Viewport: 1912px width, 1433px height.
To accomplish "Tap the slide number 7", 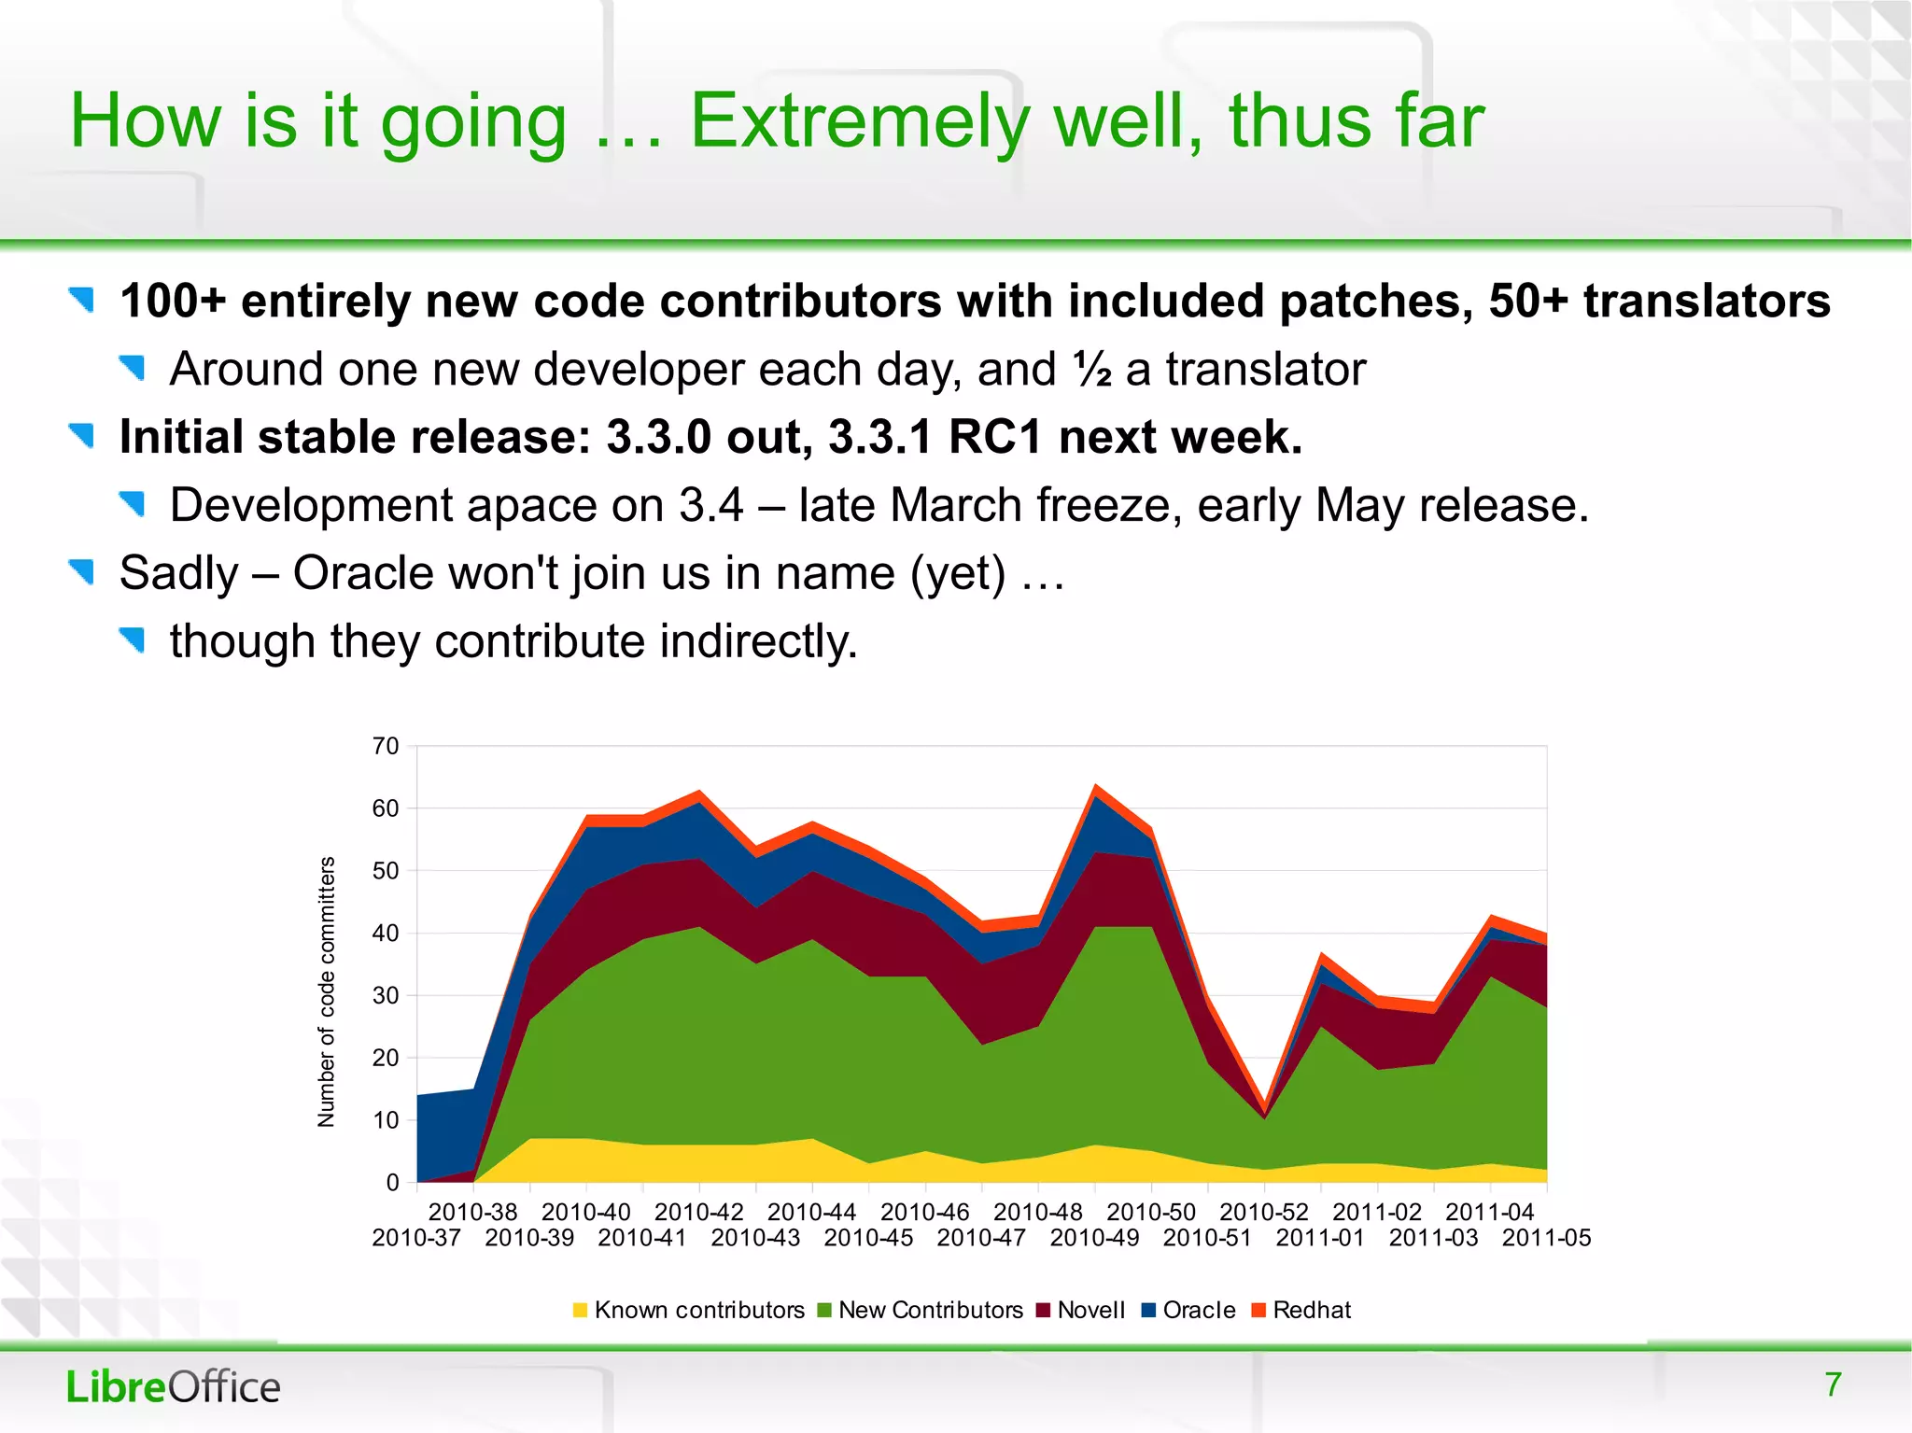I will pos(1833,1384).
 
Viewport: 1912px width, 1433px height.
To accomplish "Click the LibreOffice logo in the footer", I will pos(173,1387).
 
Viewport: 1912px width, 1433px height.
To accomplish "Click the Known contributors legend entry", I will pos(689,1310).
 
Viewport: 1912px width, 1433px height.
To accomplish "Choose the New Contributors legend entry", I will pos(920,1310).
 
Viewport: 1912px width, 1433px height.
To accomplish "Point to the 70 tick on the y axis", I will pos(385,746).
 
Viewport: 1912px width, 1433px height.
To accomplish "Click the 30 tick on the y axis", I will pos(385,995).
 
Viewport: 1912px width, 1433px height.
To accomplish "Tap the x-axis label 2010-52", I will pos(1264,1212).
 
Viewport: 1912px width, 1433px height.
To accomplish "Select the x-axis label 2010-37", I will pos(416,1238).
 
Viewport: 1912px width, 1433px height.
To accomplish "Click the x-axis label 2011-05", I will pos(1546,1238).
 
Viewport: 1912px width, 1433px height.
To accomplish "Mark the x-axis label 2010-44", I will pos(811,1212).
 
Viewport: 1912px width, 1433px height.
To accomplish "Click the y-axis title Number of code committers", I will pos(326,991).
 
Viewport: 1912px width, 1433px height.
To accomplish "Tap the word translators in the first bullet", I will pos(1707,302).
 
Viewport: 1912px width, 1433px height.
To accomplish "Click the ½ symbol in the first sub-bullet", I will pos(1091,370).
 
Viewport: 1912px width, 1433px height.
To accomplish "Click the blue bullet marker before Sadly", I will pos(82,571).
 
